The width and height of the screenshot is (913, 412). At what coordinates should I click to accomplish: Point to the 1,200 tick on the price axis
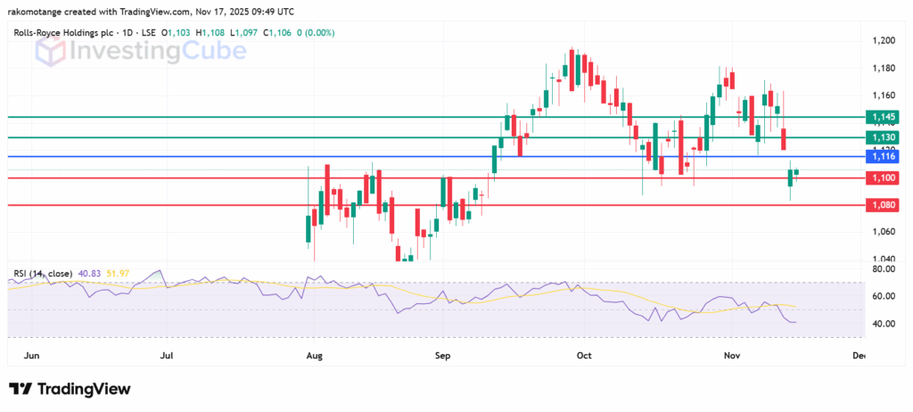coord(884,41)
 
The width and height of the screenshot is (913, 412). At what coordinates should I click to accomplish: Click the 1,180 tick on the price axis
coord(884,68)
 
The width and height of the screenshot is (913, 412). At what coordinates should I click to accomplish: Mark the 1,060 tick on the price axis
coord(884,232)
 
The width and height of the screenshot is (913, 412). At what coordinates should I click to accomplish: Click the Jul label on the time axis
coord(167,355)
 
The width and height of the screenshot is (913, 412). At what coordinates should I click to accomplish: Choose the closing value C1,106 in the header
coord(276,33)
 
